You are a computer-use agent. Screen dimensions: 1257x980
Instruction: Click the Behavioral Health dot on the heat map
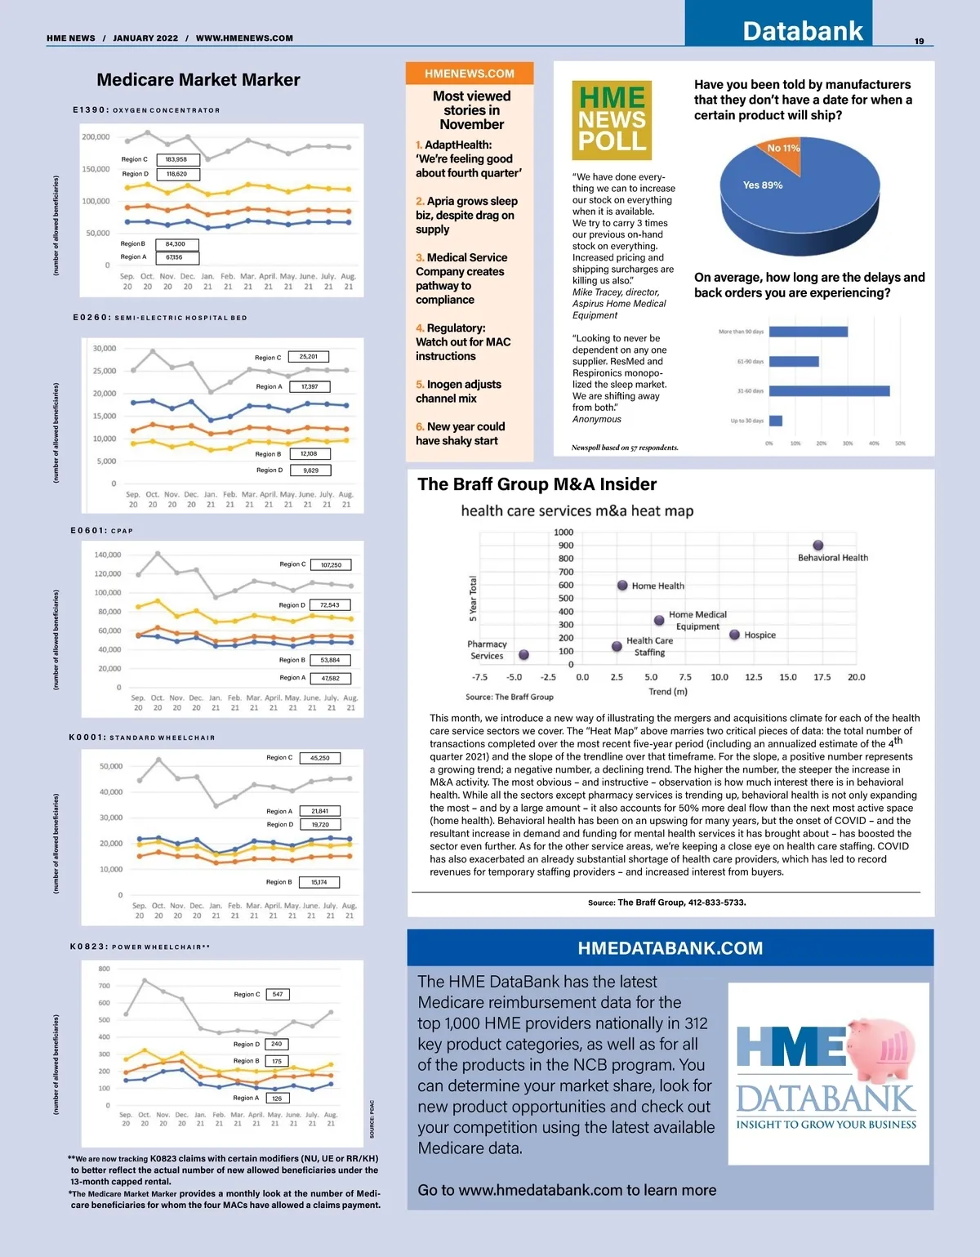[817, 546]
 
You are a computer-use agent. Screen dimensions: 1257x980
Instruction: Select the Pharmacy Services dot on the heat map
[523, 655]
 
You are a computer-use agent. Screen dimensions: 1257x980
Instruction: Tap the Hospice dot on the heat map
[734, 635]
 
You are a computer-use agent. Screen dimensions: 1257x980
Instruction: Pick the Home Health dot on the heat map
[622, 586]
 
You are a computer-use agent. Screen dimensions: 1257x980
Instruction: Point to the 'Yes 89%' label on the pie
[763, 185]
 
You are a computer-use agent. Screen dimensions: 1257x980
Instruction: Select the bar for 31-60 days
[829, 391]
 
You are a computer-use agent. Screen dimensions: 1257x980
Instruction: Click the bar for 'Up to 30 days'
[776, 421]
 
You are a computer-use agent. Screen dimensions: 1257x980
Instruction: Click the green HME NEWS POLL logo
[612, 119]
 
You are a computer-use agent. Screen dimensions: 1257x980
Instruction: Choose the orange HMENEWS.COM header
[470, 74]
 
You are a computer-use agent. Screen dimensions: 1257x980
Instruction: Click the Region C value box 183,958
[176, 159]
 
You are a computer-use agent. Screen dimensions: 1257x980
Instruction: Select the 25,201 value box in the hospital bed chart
[309, 357]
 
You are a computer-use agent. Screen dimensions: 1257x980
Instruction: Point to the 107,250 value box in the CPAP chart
[331, 564]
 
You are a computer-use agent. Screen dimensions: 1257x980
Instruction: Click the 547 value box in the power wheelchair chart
[278, 994]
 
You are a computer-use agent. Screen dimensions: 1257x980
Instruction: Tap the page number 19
[919, 41]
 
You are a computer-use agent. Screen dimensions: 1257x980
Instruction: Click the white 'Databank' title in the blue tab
[802, 31]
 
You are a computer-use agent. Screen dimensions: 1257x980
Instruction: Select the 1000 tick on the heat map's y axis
[563, 533]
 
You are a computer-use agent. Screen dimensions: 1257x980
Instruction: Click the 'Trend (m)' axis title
[668, 692]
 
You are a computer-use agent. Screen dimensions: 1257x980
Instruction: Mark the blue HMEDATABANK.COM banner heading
[670, 948]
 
